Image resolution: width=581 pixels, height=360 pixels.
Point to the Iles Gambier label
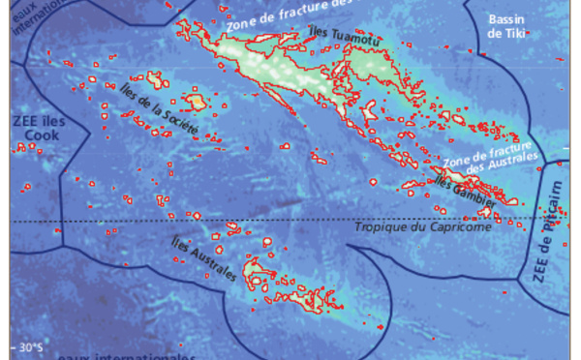pos(466,193)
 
